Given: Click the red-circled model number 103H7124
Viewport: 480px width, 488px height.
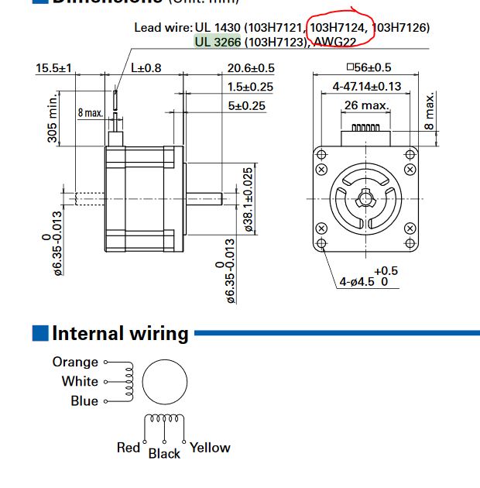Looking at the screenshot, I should coord(338,27).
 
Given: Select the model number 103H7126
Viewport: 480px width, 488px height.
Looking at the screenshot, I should coord(400,27).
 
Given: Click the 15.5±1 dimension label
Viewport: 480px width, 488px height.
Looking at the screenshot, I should coord(53,68).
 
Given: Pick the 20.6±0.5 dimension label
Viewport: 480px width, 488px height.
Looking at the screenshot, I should coord(252,68).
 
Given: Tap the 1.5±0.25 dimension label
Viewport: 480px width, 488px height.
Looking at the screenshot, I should coord(252,87).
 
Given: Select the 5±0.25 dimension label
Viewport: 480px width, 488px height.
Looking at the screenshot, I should coord(247,105).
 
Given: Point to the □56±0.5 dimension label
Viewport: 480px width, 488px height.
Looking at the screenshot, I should coord(369,68).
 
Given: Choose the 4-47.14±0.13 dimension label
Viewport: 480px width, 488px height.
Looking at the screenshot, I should coord(367,87).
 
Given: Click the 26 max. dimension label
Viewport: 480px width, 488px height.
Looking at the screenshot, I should coord(366,105).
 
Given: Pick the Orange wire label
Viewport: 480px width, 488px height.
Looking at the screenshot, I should coord(75,362).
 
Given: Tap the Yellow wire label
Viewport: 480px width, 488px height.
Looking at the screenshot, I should coord(210,447).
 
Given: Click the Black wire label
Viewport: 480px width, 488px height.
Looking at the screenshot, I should coord(164,453).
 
